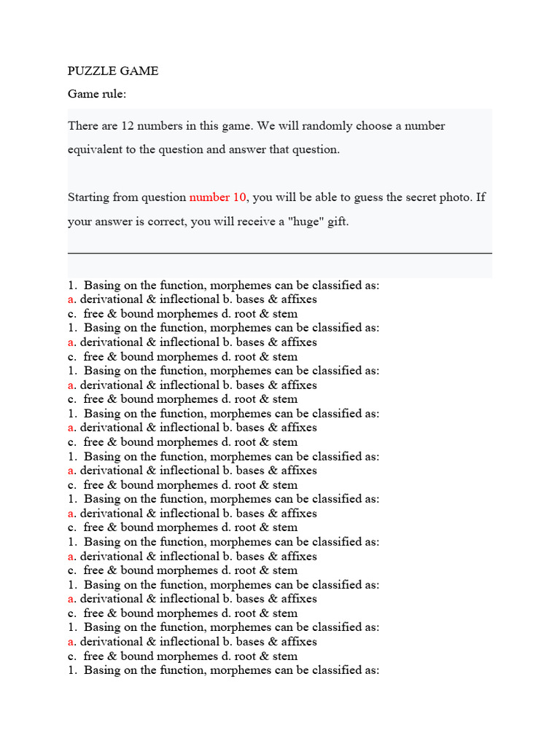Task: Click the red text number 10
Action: point(218,197)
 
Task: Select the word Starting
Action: point(90,197)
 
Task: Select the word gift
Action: point(338,221)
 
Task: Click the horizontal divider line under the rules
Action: point(279,254)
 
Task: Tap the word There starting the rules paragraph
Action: point(83,125)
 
